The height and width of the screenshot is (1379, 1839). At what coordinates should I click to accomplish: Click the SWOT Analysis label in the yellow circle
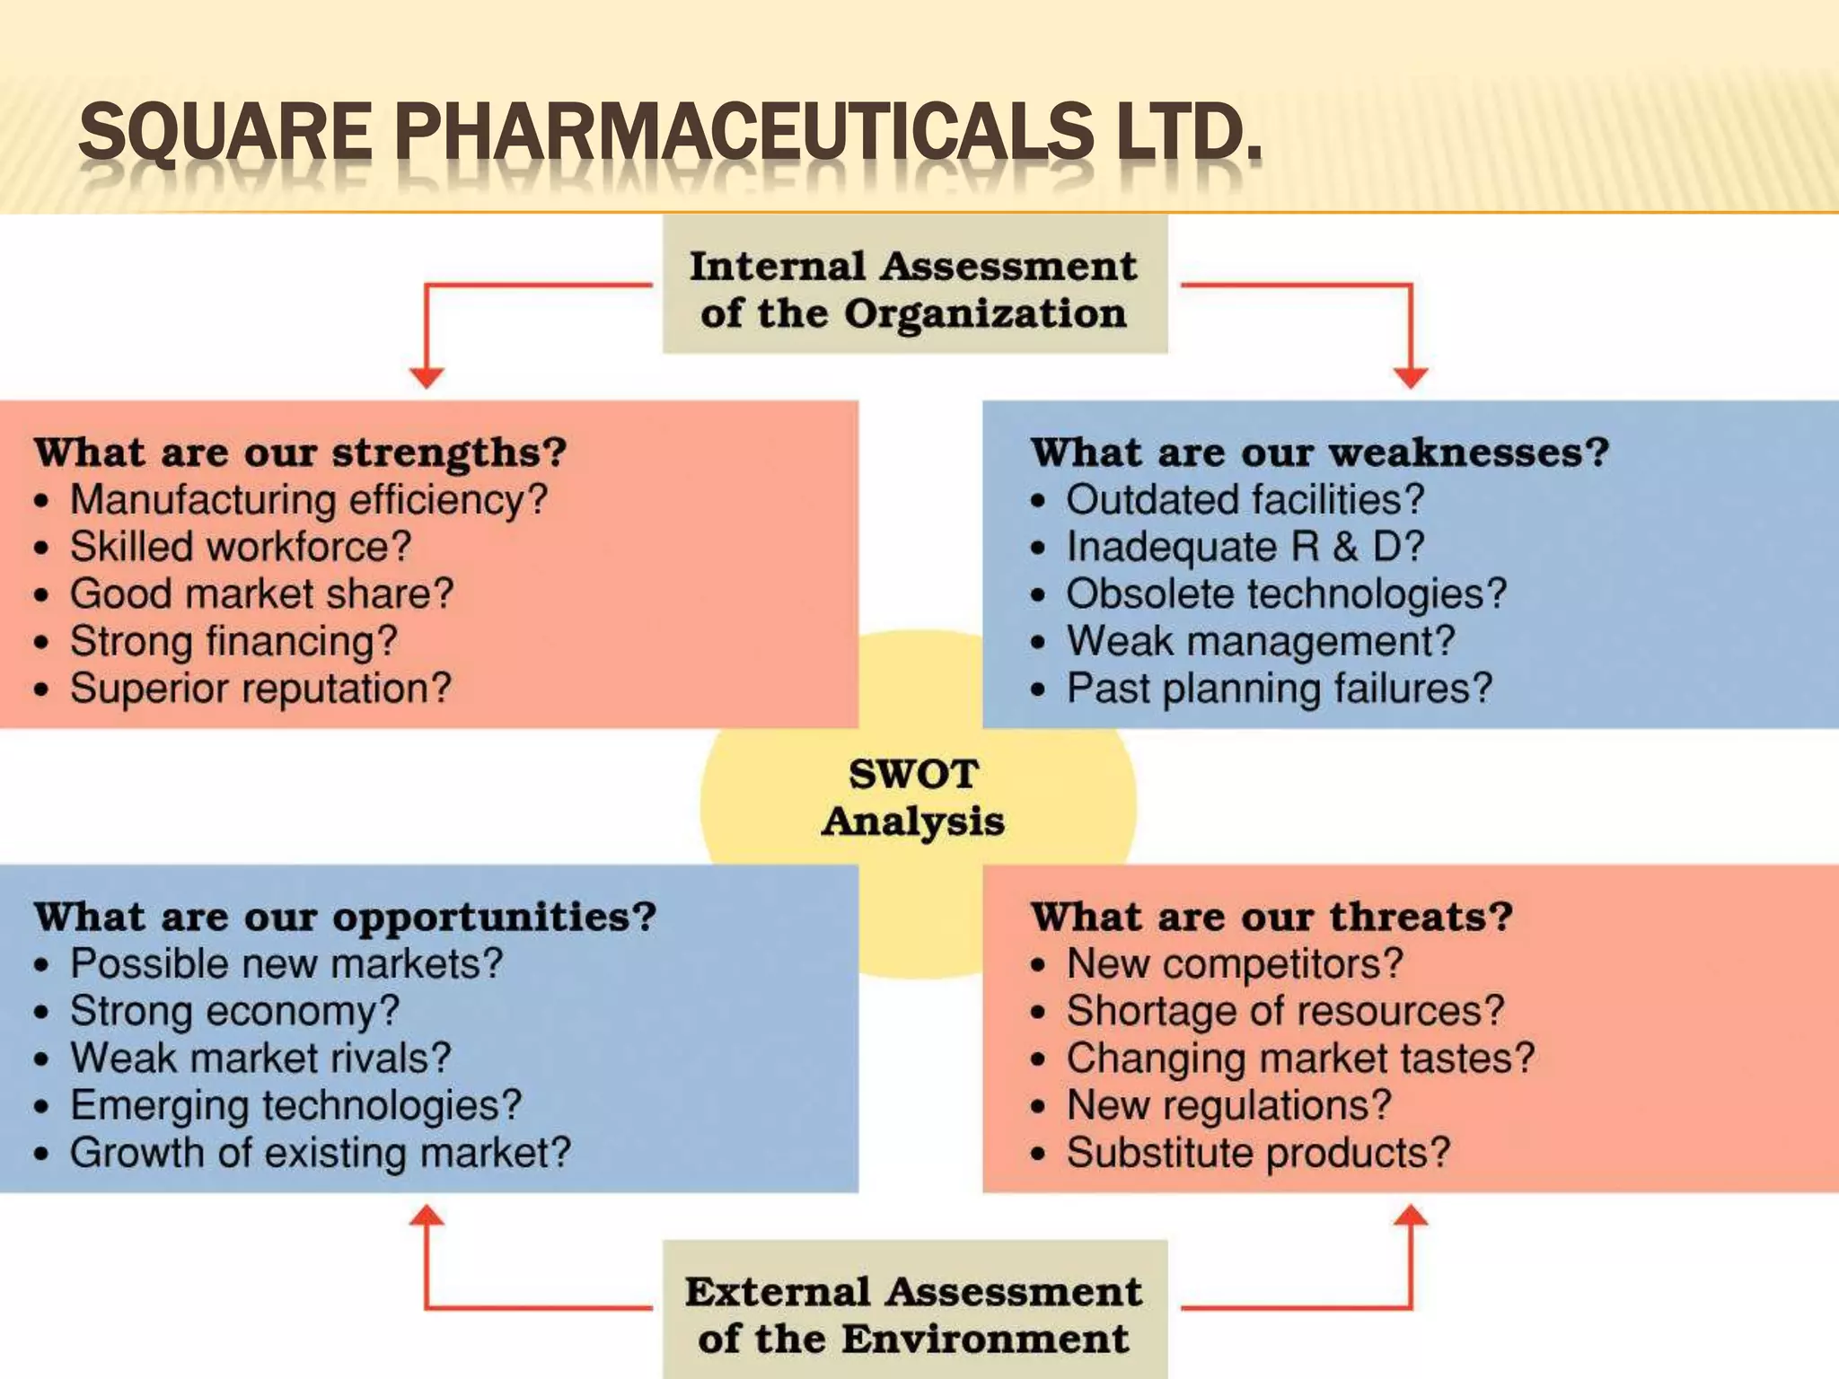914,797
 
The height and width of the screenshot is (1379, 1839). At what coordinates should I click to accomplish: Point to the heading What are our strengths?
301,452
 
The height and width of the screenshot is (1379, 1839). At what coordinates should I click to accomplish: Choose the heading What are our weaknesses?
1319,452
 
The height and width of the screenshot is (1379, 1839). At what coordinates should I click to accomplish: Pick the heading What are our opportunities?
346,917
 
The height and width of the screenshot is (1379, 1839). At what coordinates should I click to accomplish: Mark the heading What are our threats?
1271,917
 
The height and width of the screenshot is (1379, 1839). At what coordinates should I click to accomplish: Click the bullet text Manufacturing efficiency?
309,499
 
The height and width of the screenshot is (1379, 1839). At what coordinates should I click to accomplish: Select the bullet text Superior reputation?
260,689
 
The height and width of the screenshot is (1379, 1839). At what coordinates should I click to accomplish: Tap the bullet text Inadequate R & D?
1245,547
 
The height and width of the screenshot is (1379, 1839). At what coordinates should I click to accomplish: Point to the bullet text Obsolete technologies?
1286,594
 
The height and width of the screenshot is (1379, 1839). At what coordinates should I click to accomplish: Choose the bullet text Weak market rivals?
260,1058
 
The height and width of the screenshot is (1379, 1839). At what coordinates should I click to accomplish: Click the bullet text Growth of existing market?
321,1153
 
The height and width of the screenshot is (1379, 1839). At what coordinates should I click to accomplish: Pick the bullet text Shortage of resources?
1285,1011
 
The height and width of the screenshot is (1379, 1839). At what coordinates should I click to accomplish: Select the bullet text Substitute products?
1258,1153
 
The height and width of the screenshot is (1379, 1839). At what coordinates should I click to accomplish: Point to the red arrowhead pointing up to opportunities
427,1217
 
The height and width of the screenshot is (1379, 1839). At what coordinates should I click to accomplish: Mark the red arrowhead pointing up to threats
1412,1217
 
